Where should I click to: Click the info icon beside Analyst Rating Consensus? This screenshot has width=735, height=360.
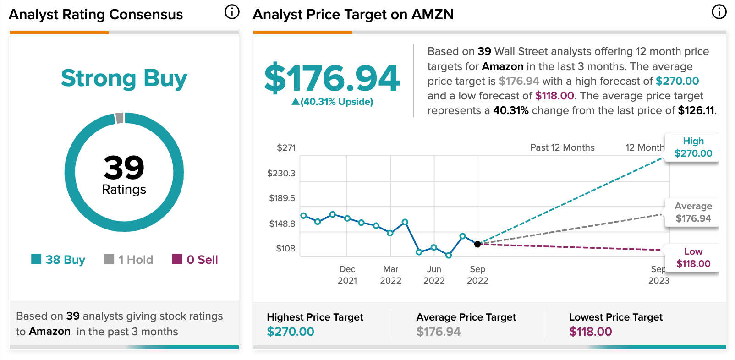pos(232,12)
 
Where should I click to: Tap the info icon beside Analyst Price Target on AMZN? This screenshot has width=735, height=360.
pos(719,12)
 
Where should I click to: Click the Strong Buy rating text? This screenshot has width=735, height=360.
pos(124,78)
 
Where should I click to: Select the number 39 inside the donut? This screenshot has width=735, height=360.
pos(124,167)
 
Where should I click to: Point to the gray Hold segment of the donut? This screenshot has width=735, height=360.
pos(120,118)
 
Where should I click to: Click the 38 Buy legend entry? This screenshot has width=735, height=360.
pos(58,260)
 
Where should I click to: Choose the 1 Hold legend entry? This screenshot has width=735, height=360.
pos(129,260)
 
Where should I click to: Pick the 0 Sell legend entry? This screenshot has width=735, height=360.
pos(195,260)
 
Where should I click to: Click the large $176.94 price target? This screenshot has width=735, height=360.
pos(332,78)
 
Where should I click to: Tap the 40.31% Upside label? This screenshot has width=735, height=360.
pos(333,102)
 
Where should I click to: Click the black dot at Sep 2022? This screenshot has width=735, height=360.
pos(477,244)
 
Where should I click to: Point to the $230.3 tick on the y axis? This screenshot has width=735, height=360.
pos(281,173)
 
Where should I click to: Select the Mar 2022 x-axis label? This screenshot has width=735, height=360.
pos(390,275)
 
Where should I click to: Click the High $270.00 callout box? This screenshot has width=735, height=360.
pos(693,147)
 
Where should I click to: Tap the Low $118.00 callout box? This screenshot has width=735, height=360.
pos(693,258)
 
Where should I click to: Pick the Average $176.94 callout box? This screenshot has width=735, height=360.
pos(693,213)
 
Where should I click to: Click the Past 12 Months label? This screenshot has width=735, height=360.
pos(562,147)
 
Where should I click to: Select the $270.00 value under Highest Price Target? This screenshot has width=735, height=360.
pos(291,332)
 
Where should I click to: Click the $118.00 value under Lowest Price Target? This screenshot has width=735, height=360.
pos(590,332)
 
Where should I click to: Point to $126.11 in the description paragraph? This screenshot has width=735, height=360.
pos(696,110)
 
